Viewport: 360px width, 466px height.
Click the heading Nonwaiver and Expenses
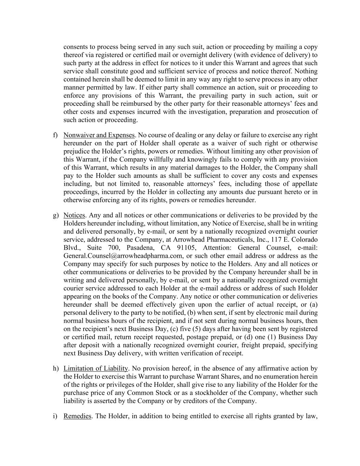[x=99, y=135]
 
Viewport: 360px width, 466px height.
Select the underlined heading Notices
[x=74, y=215]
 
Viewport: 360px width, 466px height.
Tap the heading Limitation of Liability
[x=96, y=368]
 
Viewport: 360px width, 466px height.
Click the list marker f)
[x=55, y=135]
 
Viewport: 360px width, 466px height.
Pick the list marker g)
[x=55, y=215]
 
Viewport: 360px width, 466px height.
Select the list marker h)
[x=55, y=368]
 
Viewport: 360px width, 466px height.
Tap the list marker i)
[x=55, y=416]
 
